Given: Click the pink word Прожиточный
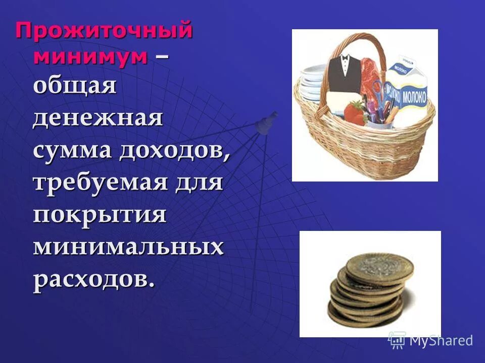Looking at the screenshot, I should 104,32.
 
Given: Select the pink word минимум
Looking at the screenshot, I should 91,56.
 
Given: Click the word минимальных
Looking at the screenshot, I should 128,247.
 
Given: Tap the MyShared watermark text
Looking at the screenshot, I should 441,340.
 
